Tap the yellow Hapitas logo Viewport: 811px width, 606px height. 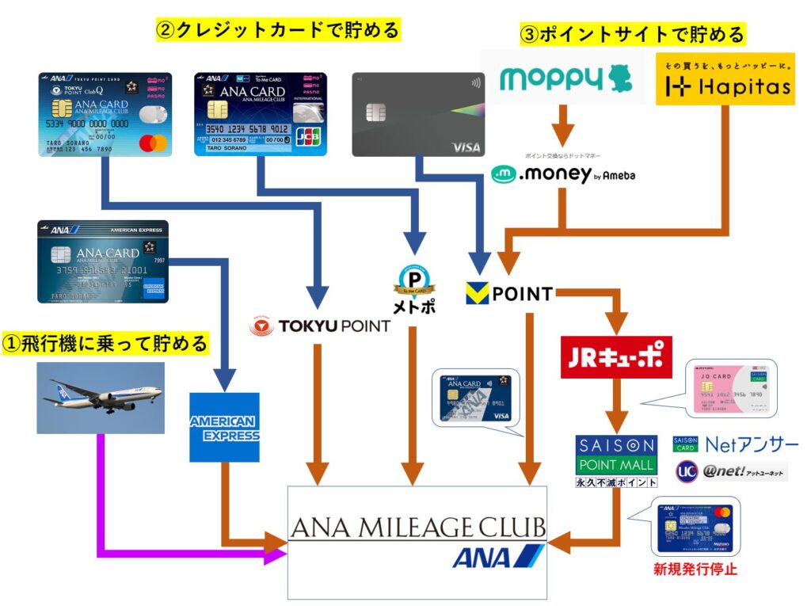pyautogui.click(x=726, y=79)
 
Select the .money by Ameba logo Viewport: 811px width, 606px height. pyautogui.click(x=563, y=175)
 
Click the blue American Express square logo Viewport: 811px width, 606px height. pyautogui.click(x=224, y=427)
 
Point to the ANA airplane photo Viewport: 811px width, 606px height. pyautogui.click(x=101, y=398)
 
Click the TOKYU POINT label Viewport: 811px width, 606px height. pyautogui.click(x=320, y=326)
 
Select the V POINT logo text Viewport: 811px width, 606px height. pyautogui.click(x=510, y=294)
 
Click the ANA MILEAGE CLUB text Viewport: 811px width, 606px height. pyautogui.click(x=417, y=528)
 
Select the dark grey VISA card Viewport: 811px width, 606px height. pyautogui.click(x=418, y=114)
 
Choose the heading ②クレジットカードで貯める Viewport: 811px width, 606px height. pyautogui.click(x=277, y=31)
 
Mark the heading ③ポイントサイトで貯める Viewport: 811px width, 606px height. pyautogui.click(x=632, y=35)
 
